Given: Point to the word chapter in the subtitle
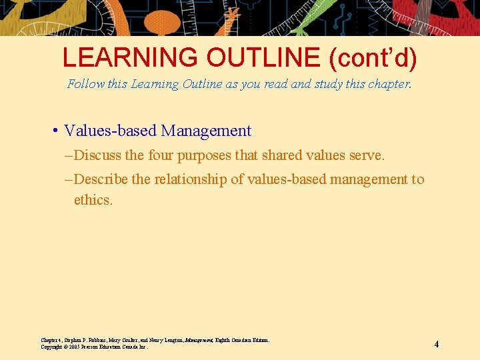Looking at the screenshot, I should [x=387, y=85].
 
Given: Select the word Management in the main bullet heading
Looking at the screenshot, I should [x=206, y=131].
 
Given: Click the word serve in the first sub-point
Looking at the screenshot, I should [x=366, y=155].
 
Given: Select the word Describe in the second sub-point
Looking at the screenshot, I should [x=102, y=179].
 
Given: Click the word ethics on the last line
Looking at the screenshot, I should [x=93, y=200].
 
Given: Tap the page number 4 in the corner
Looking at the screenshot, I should [x=436, y=345].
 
